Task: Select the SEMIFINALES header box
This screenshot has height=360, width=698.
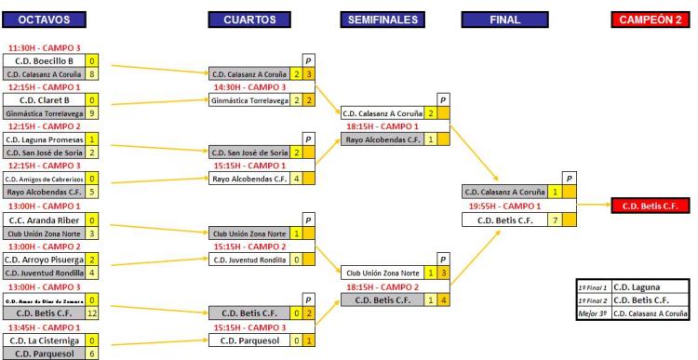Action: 382,20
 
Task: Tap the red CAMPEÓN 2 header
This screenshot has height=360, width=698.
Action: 648,20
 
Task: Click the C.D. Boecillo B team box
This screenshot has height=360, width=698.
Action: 53,60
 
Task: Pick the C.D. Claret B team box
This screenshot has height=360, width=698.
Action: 53,100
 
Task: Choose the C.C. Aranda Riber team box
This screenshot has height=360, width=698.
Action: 53,220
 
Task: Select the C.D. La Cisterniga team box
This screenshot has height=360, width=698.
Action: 53,340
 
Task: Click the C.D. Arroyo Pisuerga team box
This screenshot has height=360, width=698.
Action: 53,260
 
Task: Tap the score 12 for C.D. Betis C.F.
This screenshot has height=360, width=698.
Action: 118,313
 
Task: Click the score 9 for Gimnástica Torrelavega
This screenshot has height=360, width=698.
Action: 118,113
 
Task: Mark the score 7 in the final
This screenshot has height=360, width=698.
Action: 555,220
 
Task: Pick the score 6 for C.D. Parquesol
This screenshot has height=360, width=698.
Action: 118,353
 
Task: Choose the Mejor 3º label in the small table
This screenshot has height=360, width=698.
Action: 593,315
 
